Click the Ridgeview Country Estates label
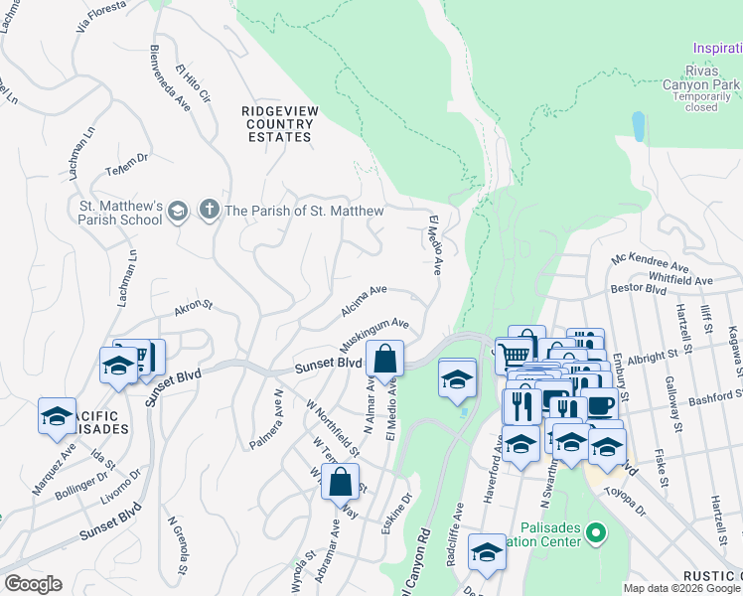tap(279, 123)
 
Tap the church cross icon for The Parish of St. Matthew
tap(209, 211)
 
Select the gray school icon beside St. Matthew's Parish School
tap(177, 211)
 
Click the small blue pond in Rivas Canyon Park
tap(638, 126)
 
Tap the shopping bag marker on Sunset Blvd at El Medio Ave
tap(384, 360)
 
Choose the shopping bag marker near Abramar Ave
tap(340, 483)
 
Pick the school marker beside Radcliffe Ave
tap(487, 554)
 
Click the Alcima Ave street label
tap(364, 301)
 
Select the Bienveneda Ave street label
tap(168, 75)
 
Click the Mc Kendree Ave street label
tap(650, 262)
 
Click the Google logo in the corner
tap(33, 584)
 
